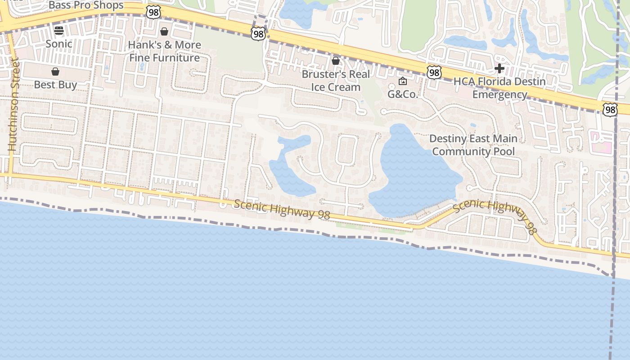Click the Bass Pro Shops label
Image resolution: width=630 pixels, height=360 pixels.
[x=85, y=5]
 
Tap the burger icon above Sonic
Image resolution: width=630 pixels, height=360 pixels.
[x=59, y=31]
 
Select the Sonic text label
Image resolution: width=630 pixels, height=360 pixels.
[x=59, y=44]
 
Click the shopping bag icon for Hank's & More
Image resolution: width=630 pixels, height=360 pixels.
[x=164, y=31]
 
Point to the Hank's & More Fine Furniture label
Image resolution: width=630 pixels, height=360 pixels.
[x=164, y=51]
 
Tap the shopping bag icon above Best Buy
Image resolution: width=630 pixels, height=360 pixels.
[x=55, y=72]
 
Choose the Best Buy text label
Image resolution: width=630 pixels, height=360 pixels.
[x=55, y=85]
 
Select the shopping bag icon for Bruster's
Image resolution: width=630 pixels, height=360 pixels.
[x=336, y=61]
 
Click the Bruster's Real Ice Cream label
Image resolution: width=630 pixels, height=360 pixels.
[x=336, y=81]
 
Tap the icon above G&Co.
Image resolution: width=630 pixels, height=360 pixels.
[x=403, y=81]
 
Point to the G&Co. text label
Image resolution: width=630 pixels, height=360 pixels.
[x=403, y=94]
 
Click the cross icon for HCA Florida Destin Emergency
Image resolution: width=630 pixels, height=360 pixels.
[x=499, y=68]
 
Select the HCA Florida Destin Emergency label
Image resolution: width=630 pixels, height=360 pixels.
[x=499, y=88]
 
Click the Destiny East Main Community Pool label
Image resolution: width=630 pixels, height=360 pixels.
[x=473, y=145]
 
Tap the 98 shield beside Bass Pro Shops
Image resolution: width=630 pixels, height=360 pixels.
[x=153, y=12]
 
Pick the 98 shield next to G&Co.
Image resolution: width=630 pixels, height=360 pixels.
[x=434, y=72]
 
